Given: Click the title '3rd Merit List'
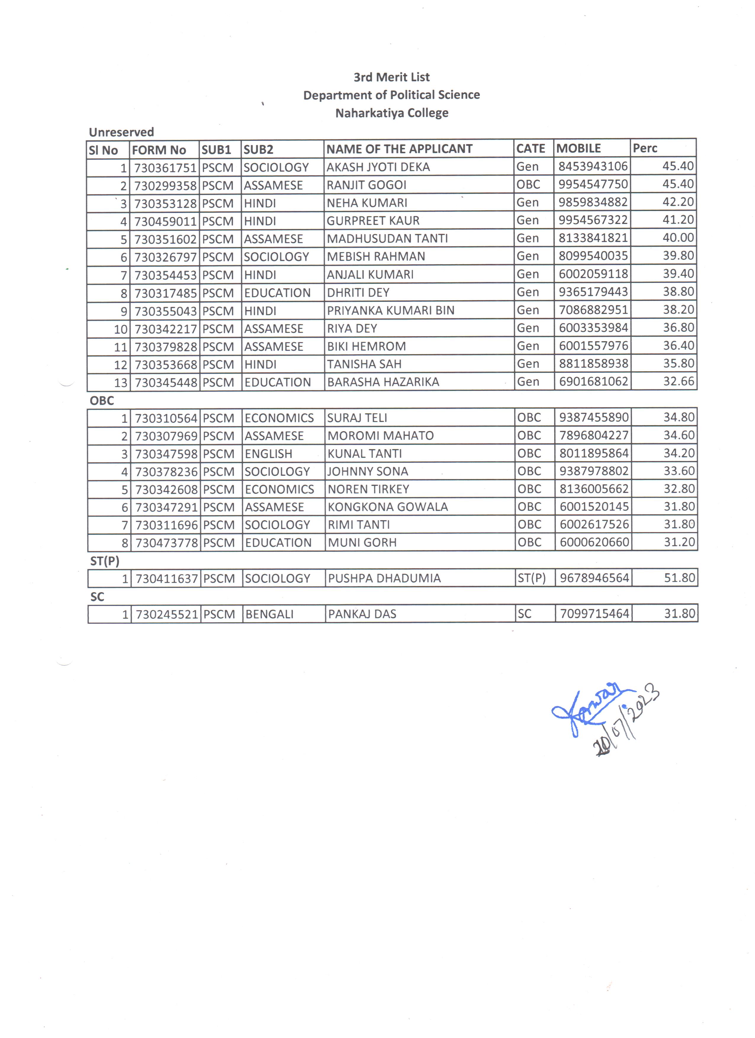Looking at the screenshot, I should [391, 77].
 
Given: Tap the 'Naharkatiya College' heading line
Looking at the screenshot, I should [391, 113].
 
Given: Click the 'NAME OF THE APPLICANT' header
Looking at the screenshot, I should [399, 149].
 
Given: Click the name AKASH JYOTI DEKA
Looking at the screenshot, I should [378, 167].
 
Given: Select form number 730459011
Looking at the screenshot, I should [165, 221].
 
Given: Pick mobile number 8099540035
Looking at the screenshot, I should [593, 256].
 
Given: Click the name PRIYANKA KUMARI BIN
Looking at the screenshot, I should [391, 310].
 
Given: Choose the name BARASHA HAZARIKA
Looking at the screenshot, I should [383, 382].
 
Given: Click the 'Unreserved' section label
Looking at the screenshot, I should [121, 132].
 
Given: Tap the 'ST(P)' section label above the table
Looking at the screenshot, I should [105, 561].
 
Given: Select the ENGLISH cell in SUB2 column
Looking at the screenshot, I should [268, 454].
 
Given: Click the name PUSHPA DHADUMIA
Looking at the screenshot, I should [384, 578].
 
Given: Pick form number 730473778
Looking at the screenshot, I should [167, 543].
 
